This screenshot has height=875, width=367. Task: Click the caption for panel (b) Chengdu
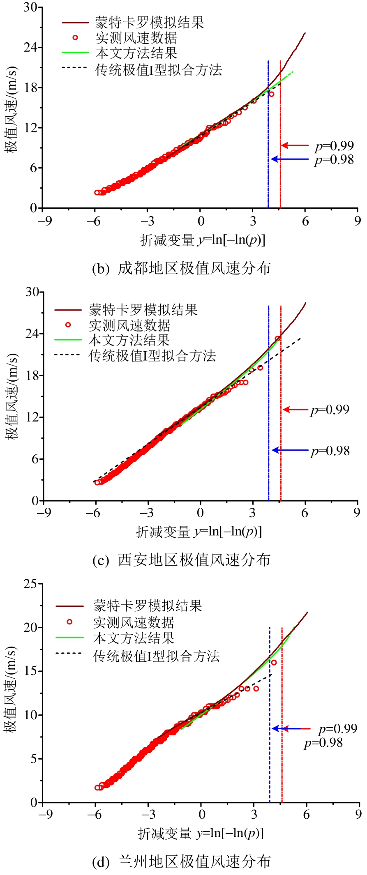tap(181, 268)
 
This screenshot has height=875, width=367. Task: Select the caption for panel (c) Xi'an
tap(181, 560)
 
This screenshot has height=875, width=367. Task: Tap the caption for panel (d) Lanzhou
tap(181, 861)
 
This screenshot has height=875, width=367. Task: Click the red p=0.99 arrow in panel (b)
tap(295, 145)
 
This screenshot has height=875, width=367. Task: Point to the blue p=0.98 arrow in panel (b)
tap(290, 159)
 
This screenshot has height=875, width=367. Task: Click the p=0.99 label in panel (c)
tap(330, 410)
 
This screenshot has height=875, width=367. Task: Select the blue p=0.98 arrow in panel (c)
tap(290, 450)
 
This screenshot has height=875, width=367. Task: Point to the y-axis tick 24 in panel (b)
tap(30, 47)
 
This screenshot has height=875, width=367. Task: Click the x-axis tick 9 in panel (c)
tap(357, 513)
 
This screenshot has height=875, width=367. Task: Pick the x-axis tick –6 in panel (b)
tap(94, 221)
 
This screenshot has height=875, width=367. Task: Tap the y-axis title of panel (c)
tap(12, 396)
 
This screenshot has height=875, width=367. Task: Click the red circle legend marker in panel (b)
tap(75, 38)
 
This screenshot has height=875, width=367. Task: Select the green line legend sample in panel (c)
tap(68, 340)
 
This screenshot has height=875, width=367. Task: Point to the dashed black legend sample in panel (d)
tap(69, 653)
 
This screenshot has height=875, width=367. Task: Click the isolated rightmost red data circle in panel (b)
tap(271, 94)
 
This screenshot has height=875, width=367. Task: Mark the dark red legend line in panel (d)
tap(69, 606)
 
